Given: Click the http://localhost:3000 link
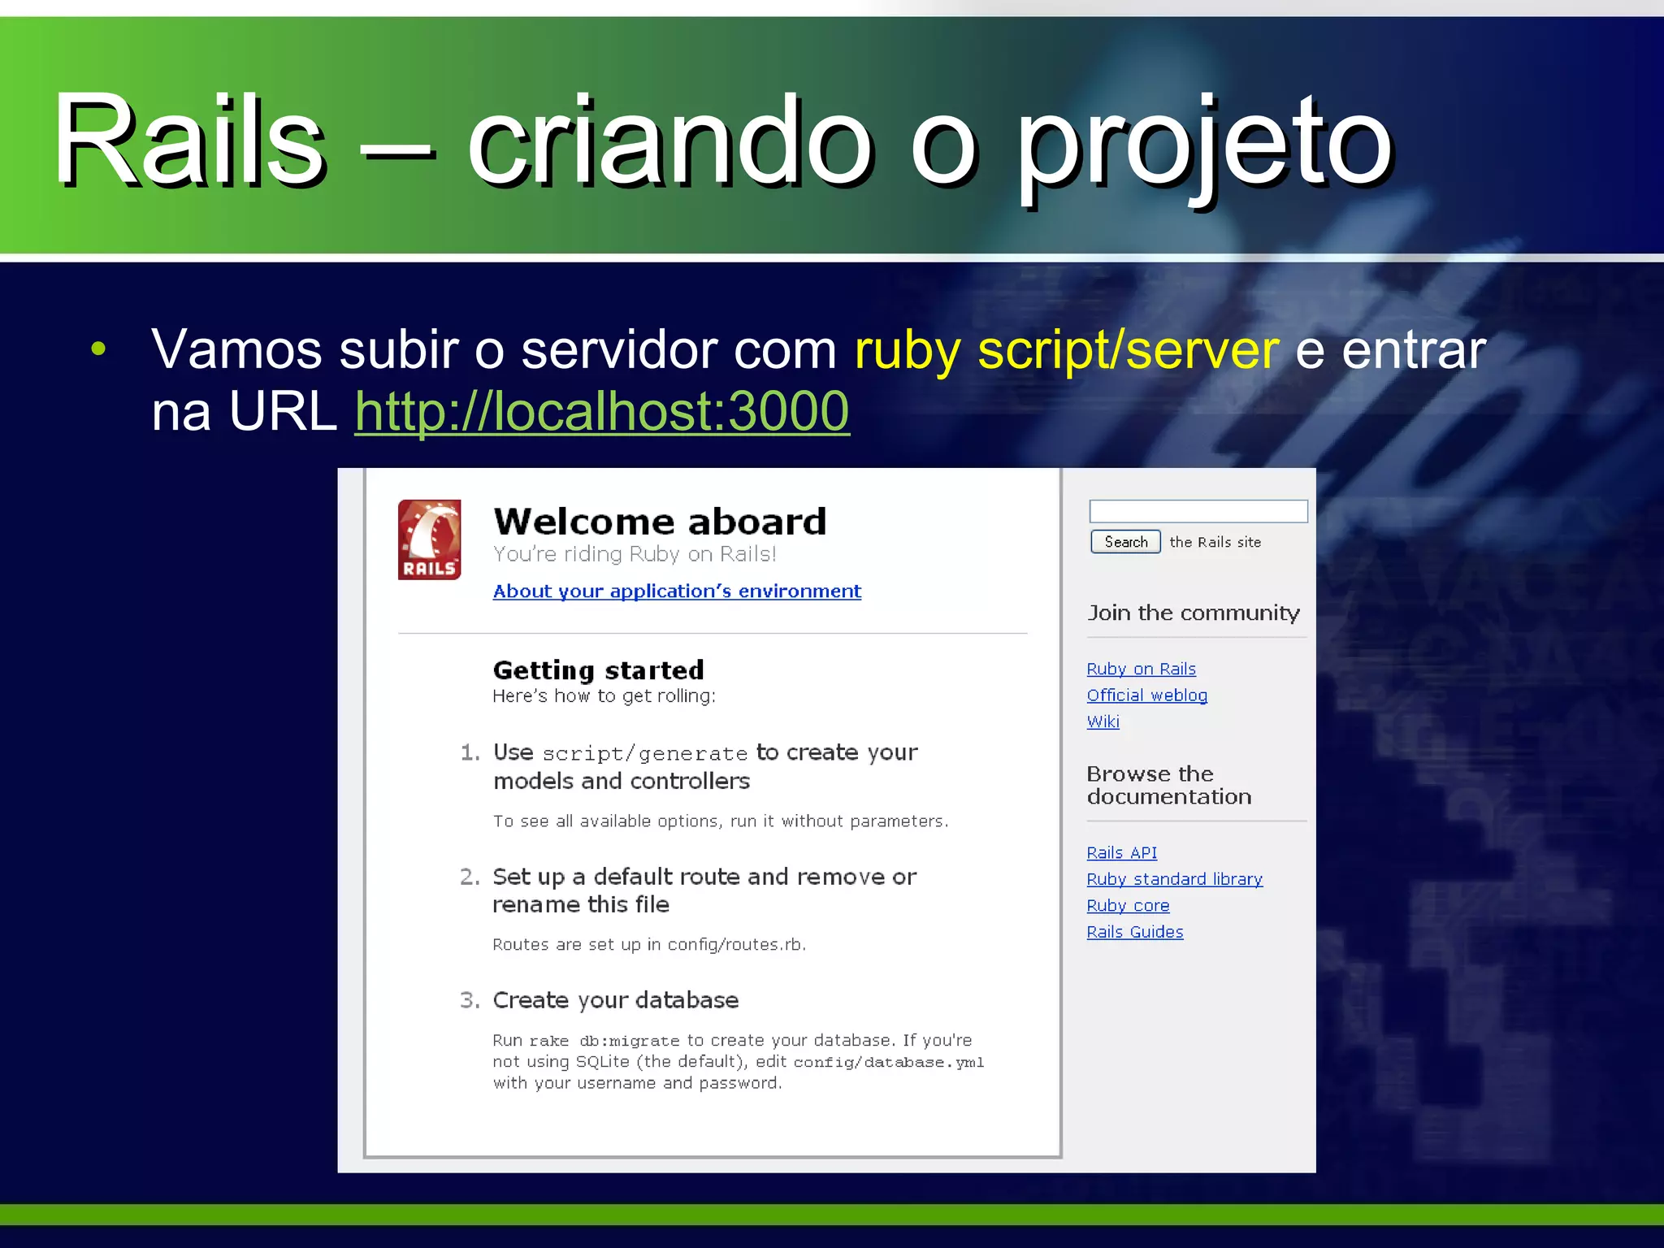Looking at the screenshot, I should tap(601, 411).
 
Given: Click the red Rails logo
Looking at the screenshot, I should tap(429, 539).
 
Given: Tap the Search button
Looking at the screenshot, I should tap(1125, 542).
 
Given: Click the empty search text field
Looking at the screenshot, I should tap(1198, 511).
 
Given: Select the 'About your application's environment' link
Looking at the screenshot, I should tap(677, 591).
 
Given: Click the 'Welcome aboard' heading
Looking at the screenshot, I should tap(660, 522).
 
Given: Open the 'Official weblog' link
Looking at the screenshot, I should tap(1146, 695).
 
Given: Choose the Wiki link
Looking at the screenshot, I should tap(1103, 721).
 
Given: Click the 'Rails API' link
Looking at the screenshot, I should tap(1121, 853).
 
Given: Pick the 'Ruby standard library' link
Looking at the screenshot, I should tap(1174, 879).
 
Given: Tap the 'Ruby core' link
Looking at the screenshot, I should tap(1128, 906).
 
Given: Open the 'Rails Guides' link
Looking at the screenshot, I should tap(1134, 932).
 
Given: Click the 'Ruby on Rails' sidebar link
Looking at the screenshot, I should tap(1141, 669).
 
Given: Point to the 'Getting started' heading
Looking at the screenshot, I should tap(598, 670).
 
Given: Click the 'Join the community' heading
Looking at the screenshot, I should tap(1193, 613).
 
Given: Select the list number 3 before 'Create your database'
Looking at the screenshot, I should tap(470, 1000).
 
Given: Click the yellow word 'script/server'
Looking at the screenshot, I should tap(1129, 350).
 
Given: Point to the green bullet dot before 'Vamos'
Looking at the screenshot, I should tap(98, 349).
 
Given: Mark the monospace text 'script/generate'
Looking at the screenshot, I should tap(644, 754).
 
